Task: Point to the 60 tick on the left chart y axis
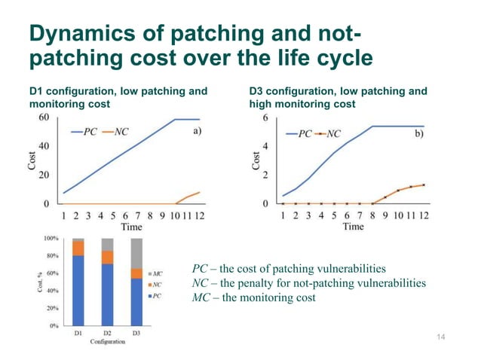44,118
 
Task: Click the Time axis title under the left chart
131,226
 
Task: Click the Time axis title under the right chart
353,226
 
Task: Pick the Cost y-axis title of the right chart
256,160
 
